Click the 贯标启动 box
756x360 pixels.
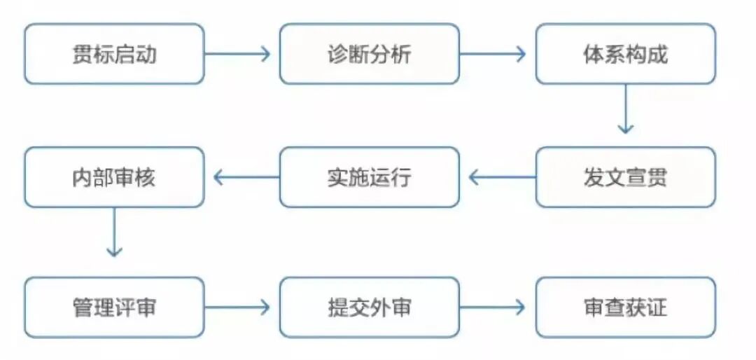pos(114,54)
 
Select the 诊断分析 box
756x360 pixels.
pos(370,54)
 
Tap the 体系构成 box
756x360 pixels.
pos(626,54)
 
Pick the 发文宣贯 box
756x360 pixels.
pos(626,177)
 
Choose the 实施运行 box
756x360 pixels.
pos(370,177)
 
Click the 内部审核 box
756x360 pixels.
pos(114,177)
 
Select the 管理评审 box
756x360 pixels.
pos(114,307)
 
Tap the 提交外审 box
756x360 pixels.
pos(370,307)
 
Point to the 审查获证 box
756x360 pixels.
pos(626,307)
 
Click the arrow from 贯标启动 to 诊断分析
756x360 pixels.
pos(238,54)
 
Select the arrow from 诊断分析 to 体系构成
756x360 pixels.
pos(493,54)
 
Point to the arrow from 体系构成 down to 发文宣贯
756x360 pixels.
pos(626,109)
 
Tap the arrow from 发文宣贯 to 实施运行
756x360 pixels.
pos(501,177)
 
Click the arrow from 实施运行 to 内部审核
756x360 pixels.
pos(246,177)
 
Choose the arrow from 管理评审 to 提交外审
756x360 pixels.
pos(238,307)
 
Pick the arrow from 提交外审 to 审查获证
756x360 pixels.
pos(493,307)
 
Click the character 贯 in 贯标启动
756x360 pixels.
pos(82,55)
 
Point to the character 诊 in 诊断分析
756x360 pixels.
pos(337,55)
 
